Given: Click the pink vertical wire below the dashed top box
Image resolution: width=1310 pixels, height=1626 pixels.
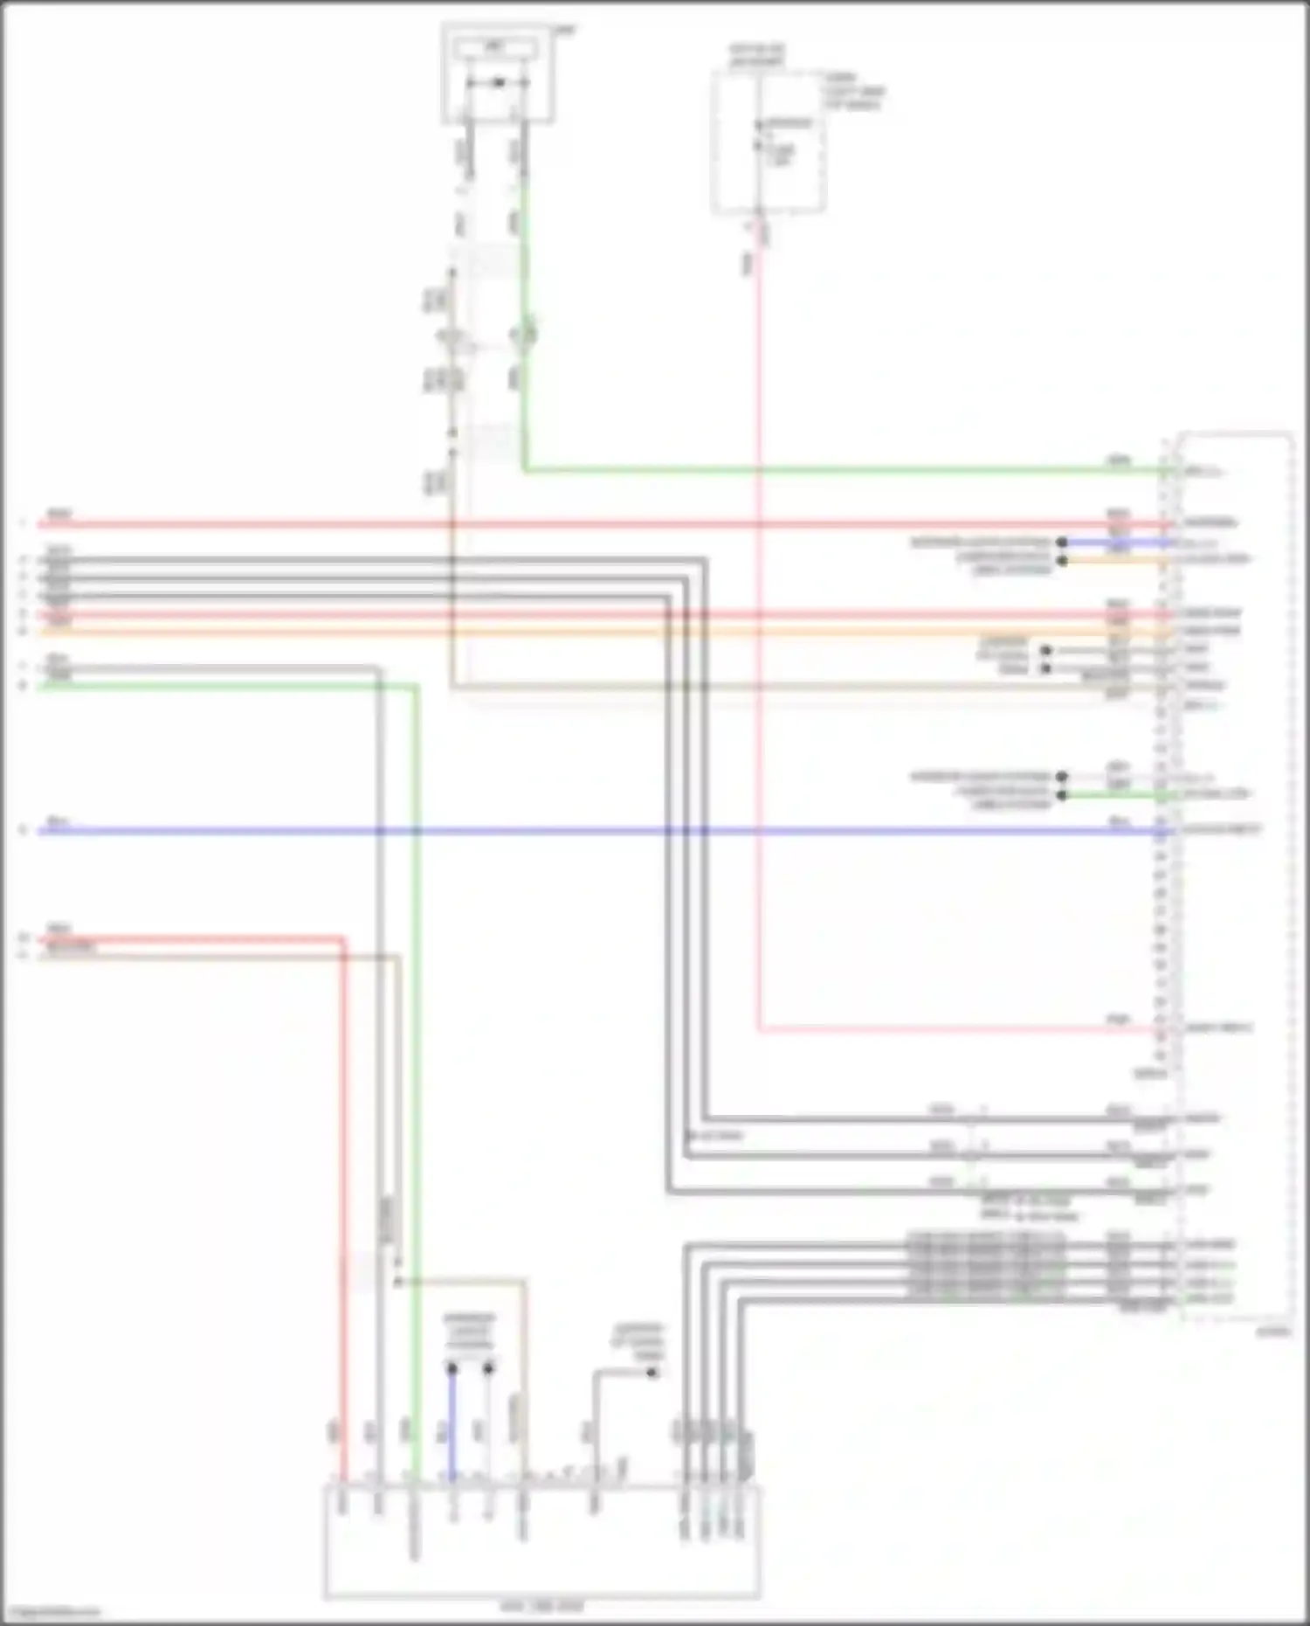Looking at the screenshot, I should coord(758,612).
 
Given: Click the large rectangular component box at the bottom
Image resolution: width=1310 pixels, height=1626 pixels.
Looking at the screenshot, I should coord(541,1542).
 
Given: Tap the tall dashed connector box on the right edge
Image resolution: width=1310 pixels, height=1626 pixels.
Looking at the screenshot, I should coord(1237,874).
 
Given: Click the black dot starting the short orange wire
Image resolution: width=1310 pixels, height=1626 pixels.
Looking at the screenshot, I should coord(1062,560).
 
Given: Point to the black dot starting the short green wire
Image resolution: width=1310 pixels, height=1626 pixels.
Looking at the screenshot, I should coord(1062,795).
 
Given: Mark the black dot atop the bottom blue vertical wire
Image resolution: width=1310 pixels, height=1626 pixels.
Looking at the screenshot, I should coord(452,1368).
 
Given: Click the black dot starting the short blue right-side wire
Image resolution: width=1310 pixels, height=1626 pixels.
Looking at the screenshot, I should coord(1062,543).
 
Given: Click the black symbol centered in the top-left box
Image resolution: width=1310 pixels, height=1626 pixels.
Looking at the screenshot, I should coord(499,83).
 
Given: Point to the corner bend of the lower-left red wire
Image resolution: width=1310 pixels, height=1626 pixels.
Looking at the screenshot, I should coord(343,940).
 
